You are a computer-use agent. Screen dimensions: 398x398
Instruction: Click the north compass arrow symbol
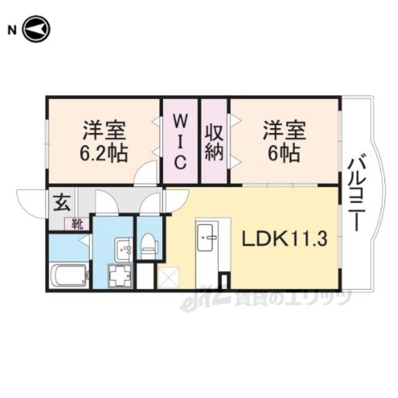point(37,29)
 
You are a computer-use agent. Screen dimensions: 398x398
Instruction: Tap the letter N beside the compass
point(12,30)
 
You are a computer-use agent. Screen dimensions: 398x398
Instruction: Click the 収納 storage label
point(214,143)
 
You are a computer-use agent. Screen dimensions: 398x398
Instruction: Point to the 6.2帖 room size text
point(103,154)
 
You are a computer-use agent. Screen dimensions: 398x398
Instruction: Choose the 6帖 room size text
point(284,154)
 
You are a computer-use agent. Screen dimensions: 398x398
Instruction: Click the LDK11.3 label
point(284,239)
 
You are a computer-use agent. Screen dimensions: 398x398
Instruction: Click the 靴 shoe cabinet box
point(77,224)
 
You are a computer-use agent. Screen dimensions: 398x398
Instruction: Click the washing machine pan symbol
point(120,275)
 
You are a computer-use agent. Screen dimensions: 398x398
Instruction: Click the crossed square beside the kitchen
point(169,278)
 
